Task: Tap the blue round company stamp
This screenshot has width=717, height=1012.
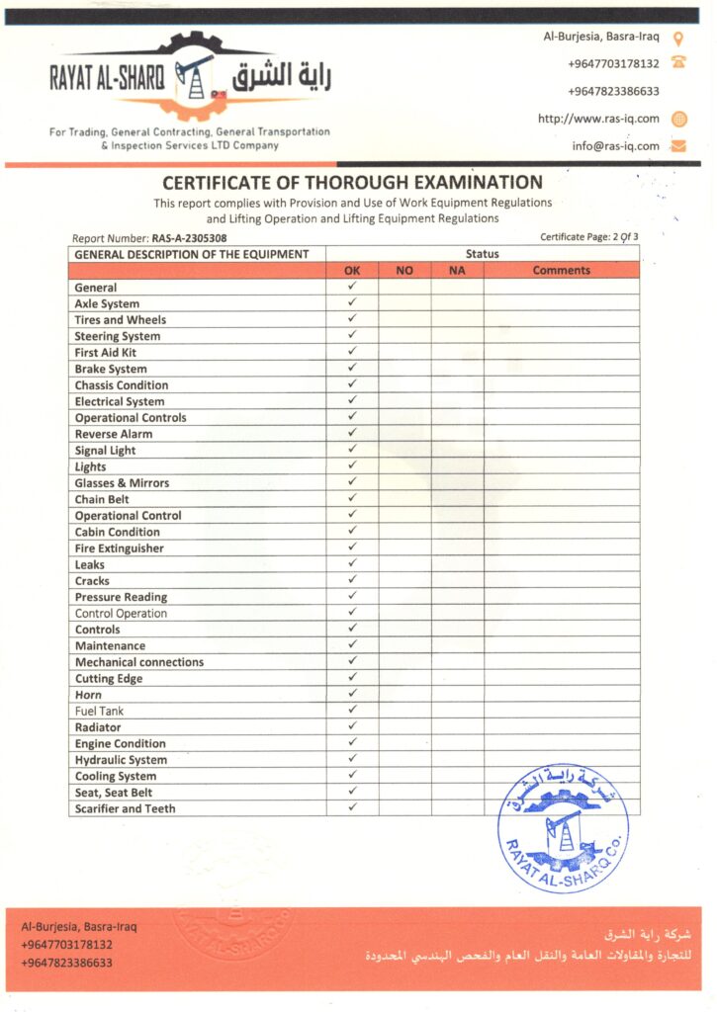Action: click(x=563, y=828)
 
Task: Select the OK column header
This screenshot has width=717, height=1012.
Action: click(x=352, y=270)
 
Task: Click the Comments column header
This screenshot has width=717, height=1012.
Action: click(x=561, y=270)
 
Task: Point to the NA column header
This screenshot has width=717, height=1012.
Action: click(x=457, y=270)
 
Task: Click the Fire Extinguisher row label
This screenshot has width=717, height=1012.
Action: click(x=120, y=548)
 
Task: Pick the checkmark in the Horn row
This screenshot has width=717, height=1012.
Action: click(x=352, y=695)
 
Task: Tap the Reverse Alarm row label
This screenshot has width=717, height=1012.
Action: click(x=114, y=434)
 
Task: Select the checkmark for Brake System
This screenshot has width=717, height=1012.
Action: click(x=352, y=368)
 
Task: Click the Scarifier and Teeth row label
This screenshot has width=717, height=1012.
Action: click(x=126, y=808)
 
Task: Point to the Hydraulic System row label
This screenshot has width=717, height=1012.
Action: click(x=121, y=760)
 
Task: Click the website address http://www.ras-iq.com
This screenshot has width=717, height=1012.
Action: click(x=598, y=119)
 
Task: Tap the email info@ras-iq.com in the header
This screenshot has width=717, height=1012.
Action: click(x=615, y=146)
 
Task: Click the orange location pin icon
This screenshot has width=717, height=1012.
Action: click(x=678, y=39)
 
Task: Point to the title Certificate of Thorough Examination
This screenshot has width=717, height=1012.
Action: click(x=352, y=182)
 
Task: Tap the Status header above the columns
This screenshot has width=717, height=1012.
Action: click(x=483, y=254)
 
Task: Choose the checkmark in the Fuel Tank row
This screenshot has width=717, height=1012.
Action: click(x=352, y=711)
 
